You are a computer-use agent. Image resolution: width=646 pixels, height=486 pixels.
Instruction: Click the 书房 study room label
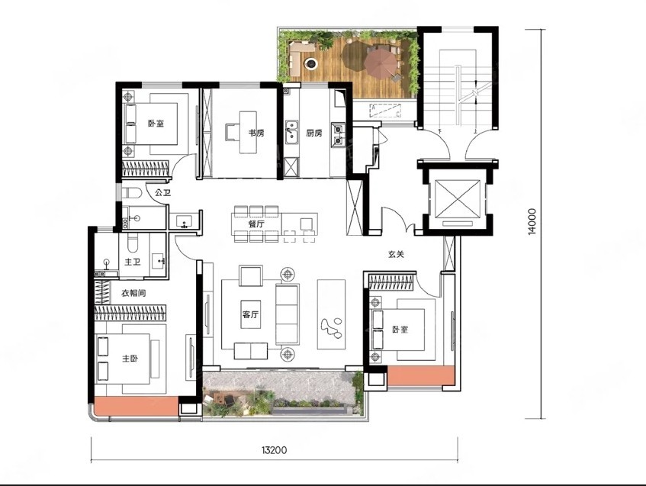click(256, 134)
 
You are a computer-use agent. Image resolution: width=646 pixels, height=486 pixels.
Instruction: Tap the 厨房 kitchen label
click(314, 134)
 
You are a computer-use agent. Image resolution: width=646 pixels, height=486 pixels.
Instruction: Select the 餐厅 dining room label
click(256, 224)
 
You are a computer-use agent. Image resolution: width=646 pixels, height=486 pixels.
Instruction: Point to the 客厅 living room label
click(250, 314)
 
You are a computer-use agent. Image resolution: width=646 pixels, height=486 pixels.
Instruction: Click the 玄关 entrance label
click(396, 254)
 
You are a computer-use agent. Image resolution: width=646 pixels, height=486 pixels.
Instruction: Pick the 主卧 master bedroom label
click(130, 359)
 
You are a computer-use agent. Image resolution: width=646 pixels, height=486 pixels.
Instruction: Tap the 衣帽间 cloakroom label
click(133, 293)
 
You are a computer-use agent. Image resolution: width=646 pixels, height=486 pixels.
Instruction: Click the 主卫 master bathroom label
click(133, 262)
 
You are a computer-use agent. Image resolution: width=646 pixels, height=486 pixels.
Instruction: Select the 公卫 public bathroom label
click(162, 192)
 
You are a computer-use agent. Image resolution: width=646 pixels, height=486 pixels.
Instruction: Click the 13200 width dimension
click(274, 449)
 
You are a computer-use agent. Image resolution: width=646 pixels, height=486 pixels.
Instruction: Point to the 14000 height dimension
click(532, 222)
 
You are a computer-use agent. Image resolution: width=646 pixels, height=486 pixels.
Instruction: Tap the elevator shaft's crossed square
click(458, 198)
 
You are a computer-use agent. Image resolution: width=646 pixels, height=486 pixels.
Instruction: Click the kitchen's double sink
click(292, 132)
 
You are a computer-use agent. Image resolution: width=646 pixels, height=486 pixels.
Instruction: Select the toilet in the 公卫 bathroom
click(132, 193)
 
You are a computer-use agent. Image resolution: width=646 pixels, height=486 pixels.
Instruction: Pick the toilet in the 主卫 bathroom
click(132, 243)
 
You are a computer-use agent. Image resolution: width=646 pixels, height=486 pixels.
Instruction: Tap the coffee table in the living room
click(250, 314)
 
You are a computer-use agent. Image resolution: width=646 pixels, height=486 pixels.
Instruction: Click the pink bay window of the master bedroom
click(136, 406)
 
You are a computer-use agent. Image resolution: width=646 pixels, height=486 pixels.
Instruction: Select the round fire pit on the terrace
click(310, 63)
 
